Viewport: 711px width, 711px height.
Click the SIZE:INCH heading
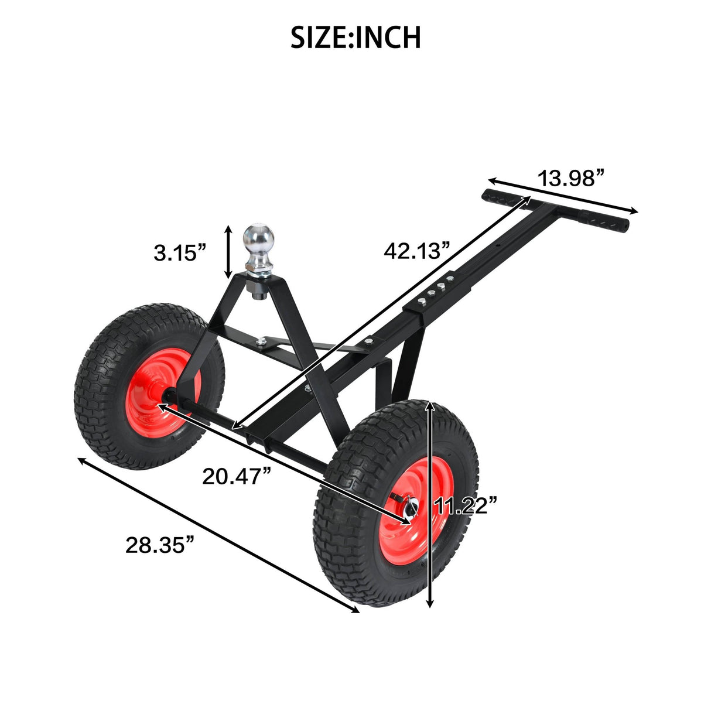tap(355, 37)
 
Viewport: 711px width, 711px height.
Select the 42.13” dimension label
tap(416, 251)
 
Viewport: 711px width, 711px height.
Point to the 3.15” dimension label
tap(180, 253)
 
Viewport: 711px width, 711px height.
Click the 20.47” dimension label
tap(237, 476)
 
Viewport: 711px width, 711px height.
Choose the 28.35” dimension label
tap(159, 545)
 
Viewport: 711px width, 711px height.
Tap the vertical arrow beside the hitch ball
tap(228, 253)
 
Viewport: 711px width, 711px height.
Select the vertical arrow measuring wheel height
tap(430, 504)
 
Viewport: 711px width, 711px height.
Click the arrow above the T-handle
tap(562, 195)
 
